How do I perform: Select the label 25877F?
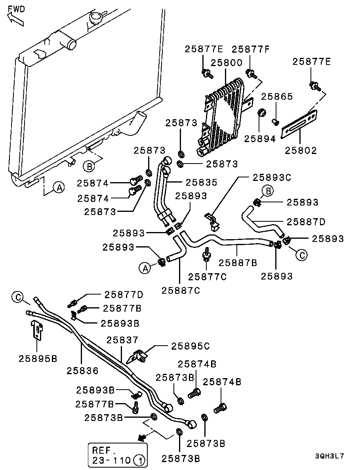pos(250,49)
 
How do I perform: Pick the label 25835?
pos(202,183)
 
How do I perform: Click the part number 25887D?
pos(306,222)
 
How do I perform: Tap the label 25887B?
pos(238,262)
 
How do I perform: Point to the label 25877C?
pos(207,277)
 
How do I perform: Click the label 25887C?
pos(181,290)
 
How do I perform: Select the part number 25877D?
pos(124,295)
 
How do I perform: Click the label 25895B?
pos(38,358)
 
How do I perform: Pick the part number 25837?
pos(122,340)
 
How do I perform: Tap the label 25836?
pos(82,371)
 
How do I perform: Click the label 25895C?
pos(190,346)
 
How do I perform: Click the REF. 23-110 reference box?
pos(117,455)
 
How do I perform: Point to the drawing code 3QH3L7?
pos(330,456)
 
